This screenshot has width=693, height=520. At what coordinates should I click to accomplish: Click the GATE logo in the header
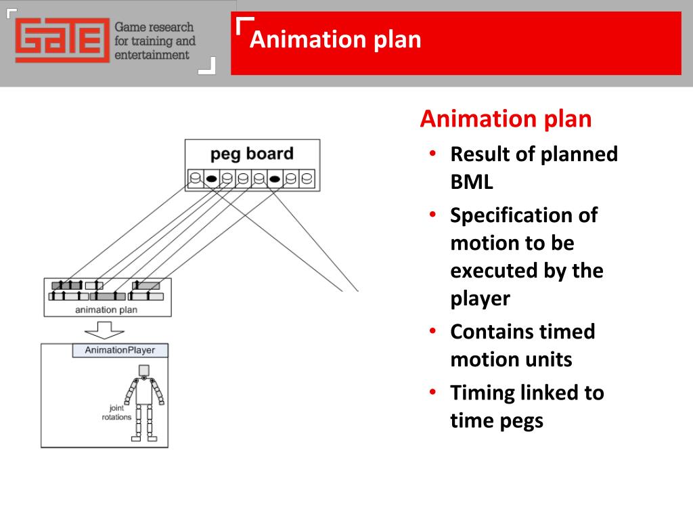[x=62, y=40]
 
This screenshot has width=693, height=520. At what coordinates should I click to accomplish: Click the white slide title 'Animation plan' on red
[x=335, y=39]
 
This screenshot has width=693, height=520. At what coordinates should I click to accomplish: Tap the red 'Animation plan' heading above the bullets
[x=506, y=119]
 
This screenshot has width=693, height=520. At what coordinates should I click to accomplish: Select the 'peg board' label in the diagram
[x=252, y=153]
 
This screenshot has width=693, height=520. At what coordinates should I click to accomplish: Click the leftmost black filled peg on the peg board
[x=211, y=179]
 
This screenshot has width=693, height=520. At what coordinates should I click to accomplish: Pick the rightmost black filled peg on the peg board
[x=275, y=179]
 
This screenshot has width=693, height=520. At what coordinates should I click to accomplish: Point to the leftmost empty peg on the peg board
[x=196, y=179]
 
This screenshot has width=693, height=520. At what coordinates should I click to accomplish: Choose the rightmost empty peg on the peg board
[x=307, y=179]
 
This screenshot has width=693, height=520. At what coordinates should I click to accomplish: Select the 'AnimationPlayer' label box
[x=120, y=351]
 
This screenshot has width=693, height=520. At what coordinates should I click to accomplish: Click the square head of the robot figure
[x=143, y=370]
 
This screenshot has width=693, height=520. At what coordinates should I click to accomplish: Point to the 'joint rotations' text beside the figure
[x=116, y=412]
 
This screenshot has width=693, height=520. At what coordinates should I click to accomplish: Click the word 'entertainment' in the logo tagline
[x=152, y=55]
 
